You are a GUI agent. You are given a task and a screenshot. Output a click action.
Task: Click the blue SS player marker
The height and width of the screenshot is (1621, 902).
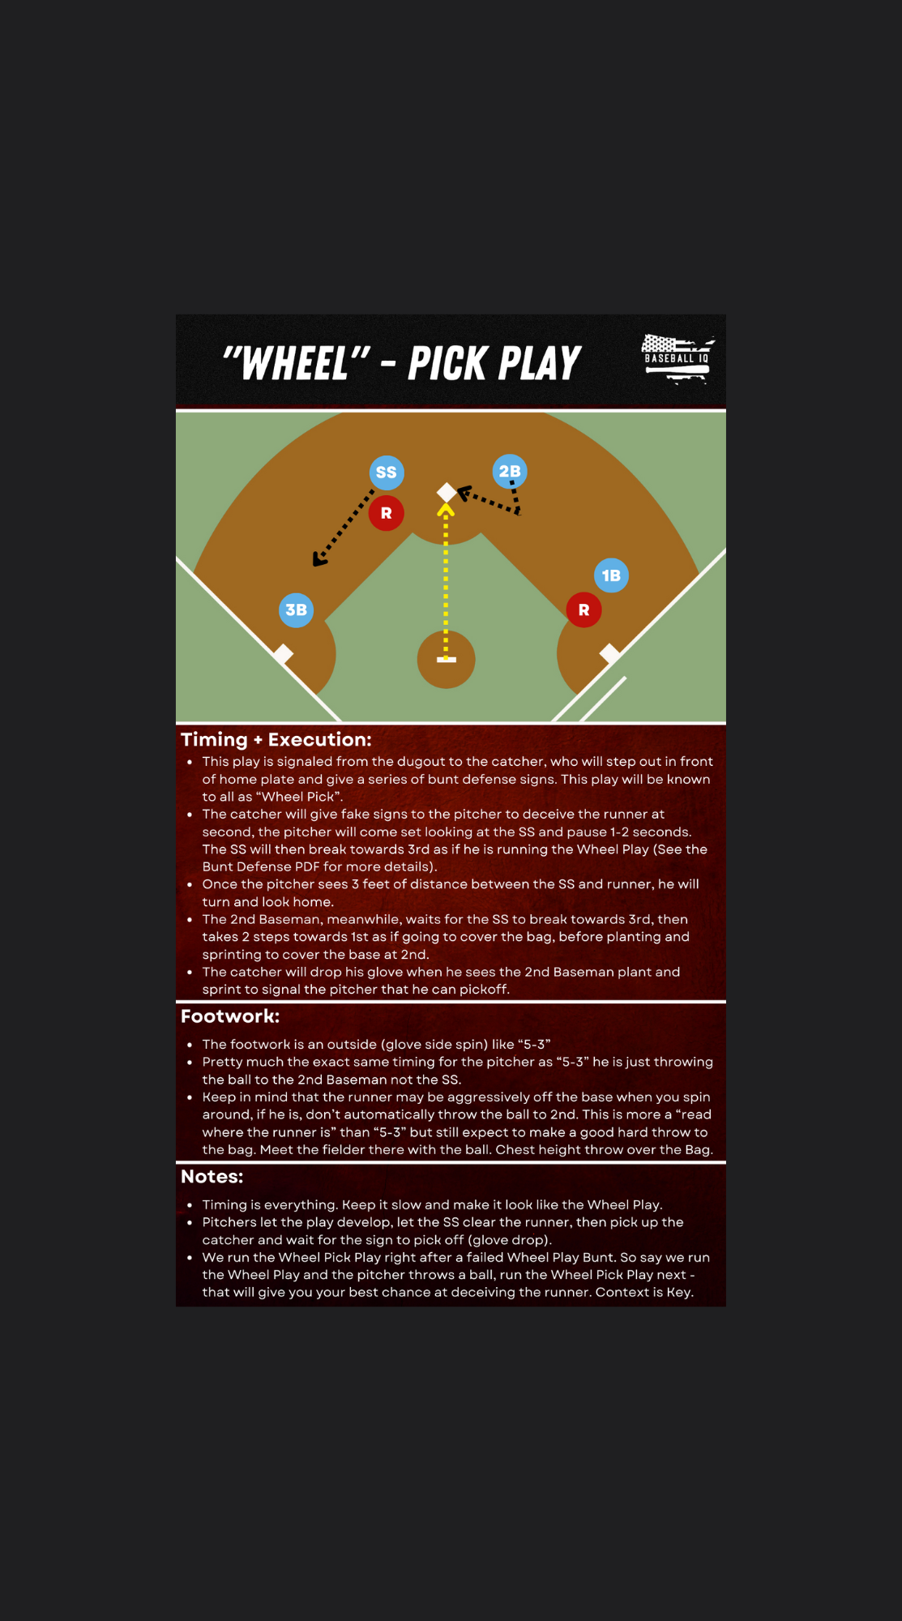[387, 473]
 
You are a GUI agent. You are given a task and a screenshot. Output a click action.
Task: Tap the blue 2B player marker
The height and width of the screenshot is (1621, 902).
[510, 471]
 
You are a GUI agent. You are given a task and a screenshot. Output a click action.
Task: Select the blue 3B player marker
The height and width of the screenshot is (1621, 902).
[296, 609]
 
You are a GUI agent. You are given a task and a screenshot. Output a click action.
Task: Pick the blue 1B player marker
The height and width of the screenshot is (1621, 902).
[611, 575]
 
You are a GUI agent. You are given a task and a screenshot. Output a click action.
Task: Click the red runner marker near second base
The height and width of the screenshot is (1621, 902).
[387, 513]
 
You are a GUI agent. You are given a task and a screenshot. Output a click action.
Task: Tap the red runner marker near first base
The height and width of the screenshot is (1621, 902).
[584, 609]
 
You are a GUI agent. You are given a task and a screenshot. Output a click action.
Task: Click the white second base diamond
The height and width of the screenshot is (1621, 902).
[447, 492]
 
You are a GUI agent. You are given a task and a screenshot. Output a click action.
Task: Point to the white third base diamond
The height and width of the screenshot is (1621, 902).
[283, 653]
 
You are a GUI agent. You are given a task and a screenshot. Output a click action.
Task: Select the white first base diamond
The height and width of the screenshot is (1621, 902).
[610, 653]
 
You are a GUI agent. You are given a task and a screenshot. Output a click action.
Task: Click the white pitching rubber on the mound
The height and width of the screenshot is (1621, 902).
[447, 660]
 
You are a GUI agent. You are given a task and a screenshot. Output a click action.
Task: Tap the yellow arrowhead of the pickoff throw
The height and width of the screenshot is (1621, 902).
[446, 510]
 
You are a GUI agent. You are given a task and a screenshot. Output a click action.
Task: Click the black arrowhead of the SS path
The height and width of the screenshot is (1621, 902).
[319, 558]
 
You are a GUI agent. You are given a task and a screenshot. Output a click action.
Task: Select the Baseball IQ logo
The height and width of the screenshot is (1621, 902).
[678, 358]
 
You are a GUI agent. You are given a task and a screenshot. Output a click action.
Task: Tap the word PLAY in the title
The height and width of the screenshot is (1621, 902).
[538, 363]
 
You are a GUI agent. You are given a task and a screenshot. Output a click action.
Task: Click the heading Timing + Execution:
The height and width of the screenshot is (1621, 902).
[276, 739]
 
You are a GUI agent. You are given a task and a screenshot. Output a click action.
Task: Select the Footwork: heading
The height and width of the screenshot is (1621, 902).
[230, 1016]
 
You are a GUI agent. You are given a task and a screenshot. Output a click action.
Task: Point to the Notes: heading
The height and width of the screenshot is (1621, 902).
[212, 1177]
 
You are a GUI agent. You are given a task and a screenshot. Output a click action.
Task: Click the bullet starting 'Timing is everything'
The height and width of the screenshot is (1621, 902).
[433, 1204]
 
